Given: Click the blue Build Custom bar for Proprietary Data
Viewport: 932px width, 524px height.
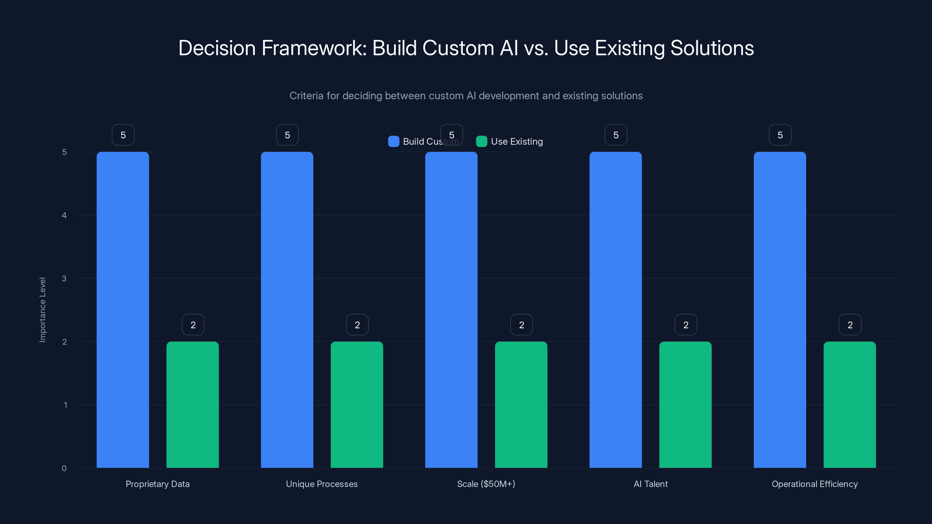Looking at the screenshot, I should (123, 309).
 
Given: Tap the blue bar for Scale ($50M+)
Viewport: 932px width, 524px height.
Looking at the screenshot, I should (451, 309).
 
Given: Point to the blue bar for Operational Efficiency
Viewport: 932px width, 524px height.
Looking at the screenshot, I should (780, 309).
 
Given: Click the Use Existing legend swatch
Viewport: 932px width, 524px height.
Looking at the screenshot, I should (481, 141).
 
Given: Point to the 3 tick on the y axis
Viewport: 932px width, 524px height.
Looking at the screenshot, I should (64, 279).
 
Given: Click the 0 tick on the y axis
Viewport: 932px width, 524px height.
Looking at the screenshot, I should (64, 468).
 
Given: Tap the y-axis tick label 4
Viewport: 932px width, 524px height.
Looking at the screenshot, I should (64, 215).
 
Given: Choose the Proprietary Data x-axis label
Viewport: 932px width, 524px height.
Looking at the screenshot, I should (157, 484).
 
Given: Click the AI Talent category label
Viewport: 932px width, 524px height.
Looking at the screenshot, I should (651, 484).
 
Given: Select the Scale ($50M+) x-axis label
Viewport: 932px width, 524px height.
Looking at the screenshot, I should (486, 484).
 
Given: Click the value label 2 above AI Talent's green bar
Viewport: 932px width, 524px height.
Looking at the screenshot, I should (686, 325).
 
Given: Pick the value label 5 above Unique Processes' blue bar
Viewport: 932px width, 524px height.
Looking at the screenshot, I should (287, 135).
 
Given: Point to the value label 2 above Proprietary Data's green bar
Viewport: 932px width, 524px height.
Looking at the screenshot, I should (193, 325).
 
